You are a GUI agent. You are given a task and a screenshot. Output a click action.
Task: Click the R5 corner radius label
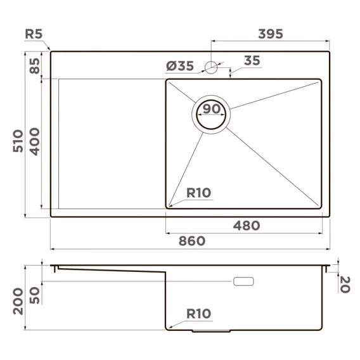tap(34, 34)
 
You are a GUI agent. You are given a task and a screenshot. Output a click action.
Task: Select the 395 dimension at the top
tap(271, 34)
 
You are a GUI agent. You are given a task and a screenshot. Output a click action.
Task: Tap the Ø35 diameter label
tap(180, 66)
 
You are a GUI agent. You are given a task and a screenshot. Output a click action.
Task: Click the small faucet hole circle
tap(211, 67)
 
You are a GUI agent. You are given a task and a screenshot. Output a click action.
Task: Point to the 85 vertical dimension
tap(35, 66)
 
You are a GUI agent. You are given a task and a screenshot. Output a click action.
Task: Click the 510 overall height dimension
tap(18, 141)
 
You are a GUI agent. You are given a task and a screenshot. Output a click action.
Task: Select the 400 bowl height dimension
tap(35, 142)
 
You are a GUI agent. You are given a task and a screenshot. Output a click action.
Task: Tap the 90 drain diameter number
tap(212, 109)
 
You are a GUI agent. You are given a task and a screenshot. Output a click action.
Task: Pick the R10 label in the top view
tap(198, 193)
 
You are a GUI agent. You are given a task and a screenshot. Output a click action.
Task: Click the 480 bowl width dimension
tap(247, 226)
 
